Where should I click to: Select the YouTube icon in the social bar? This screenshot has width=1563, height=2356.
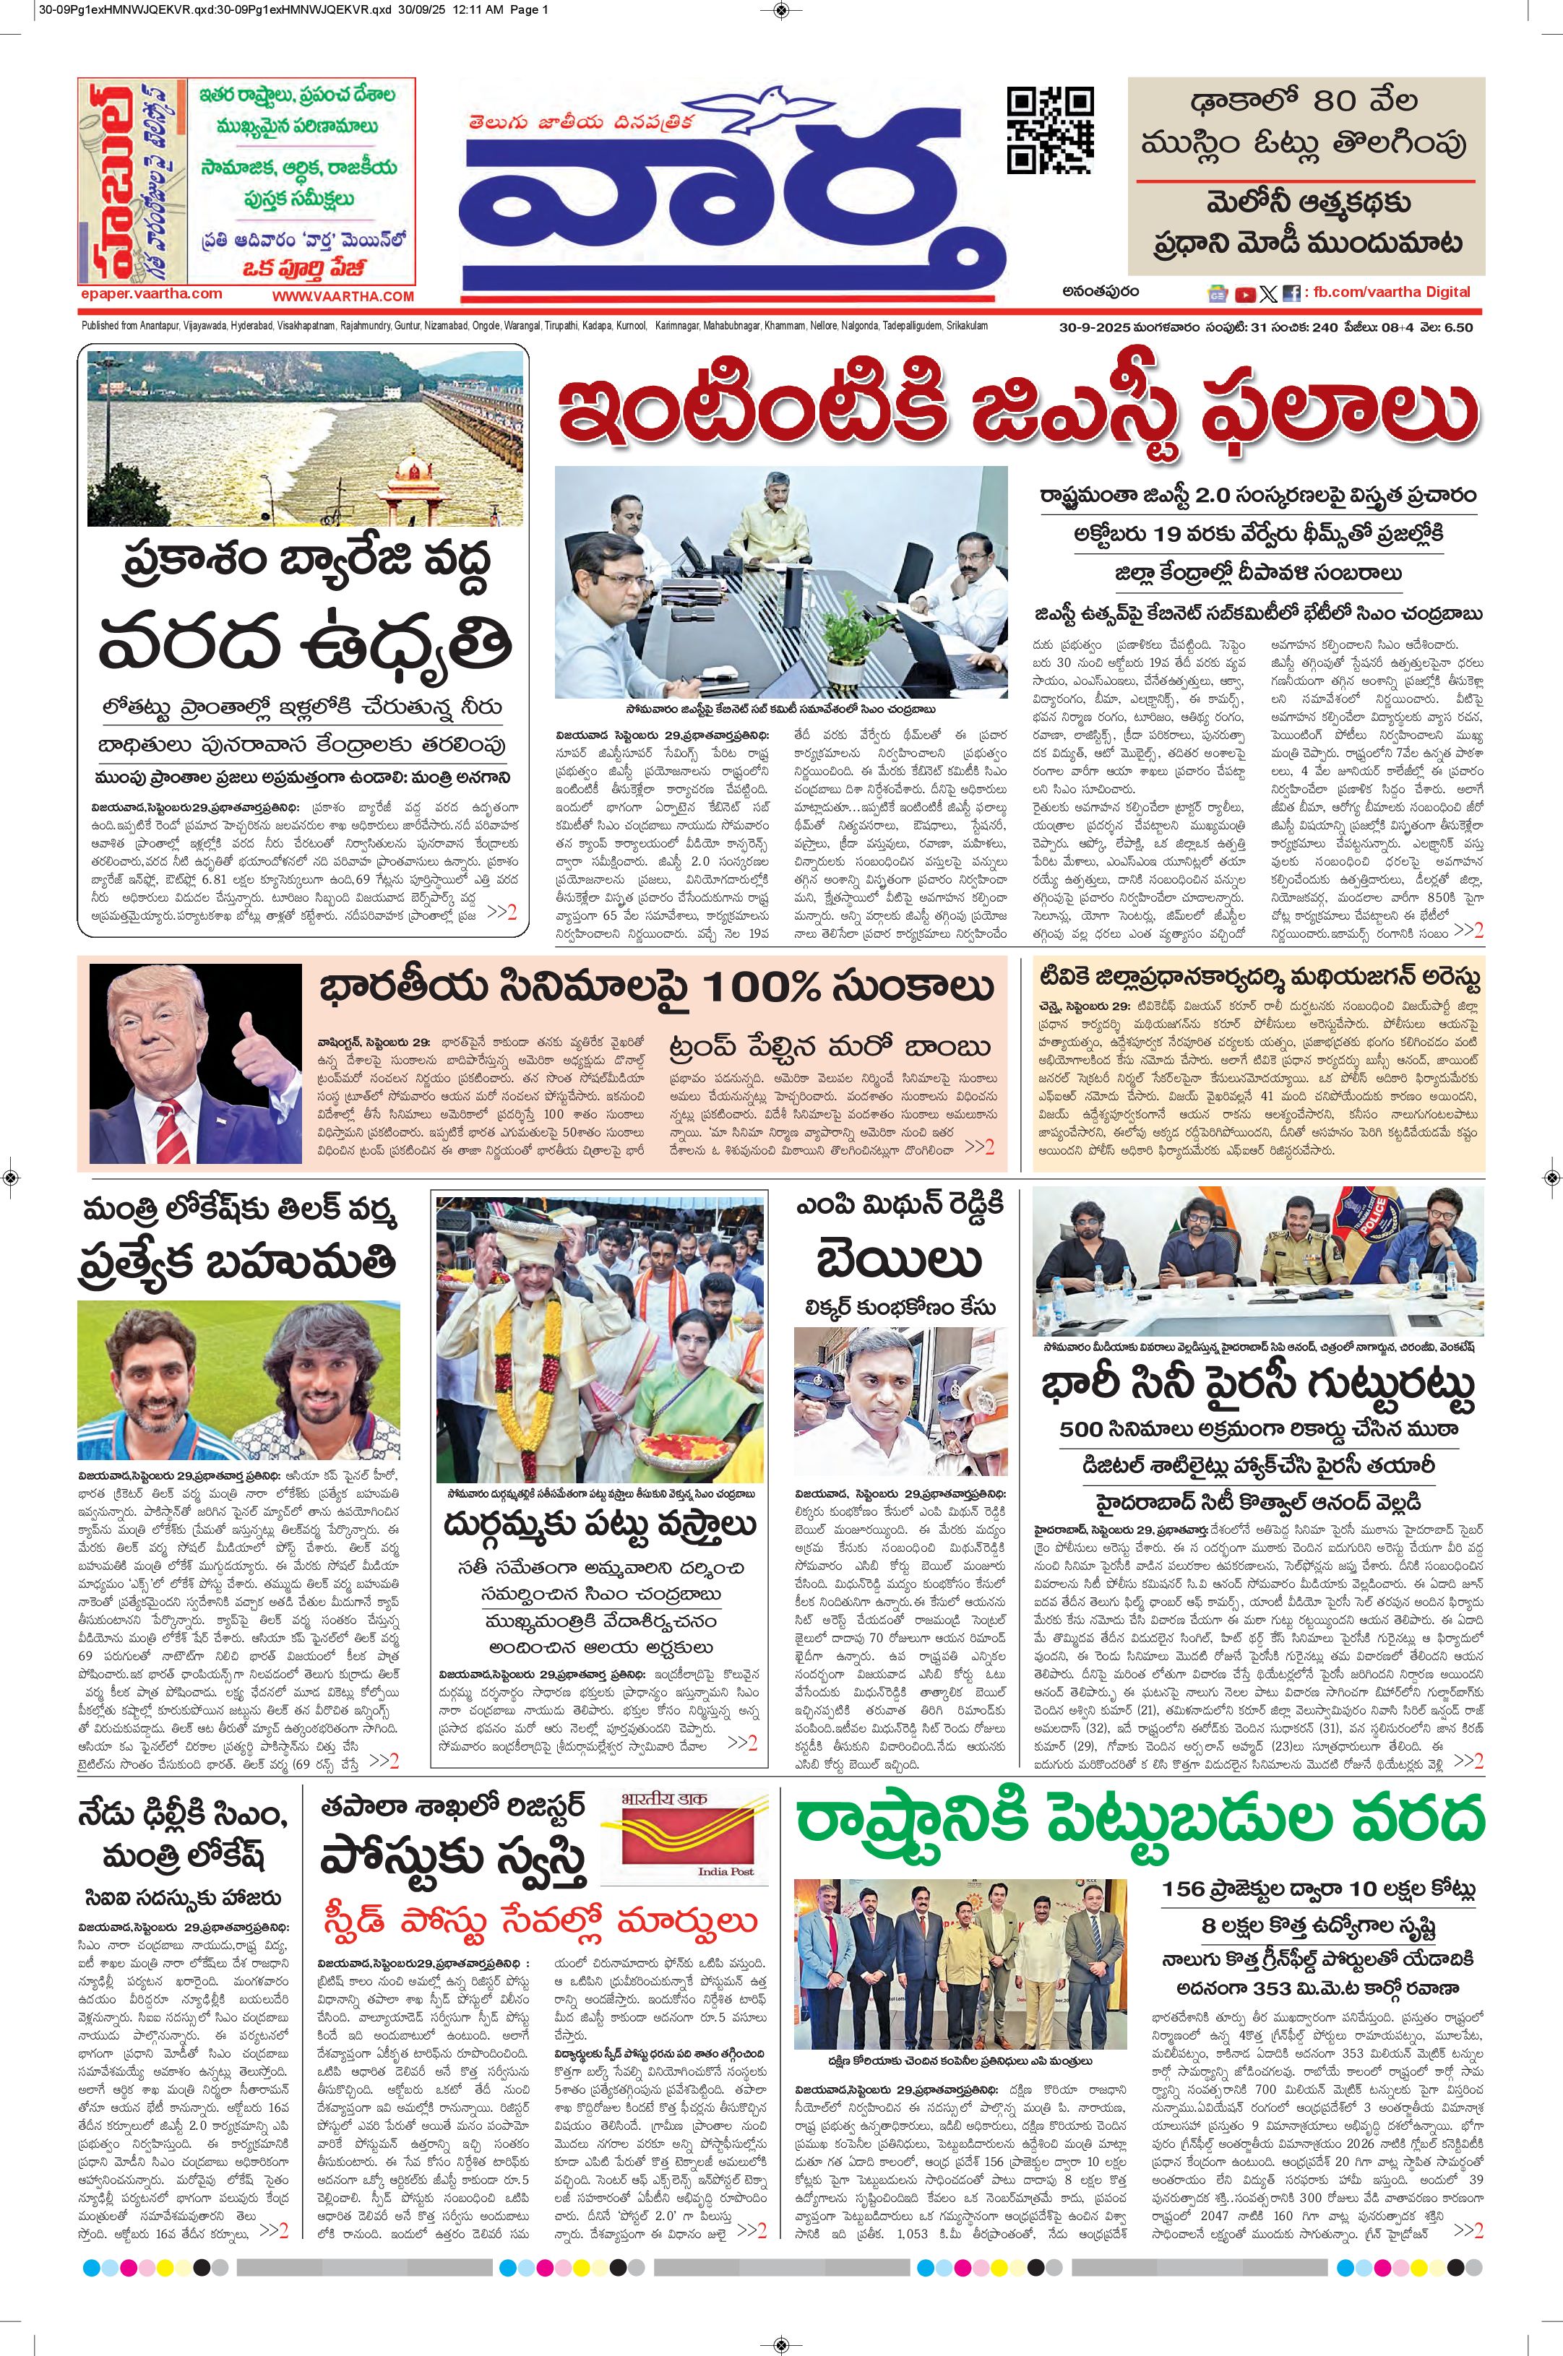point(1245,294)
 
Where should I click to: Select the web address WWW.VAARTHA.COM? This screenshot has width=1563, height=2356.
point(343,296)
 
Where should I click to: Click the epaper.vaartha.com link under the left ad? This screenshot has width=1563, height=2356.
point(152,294)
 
